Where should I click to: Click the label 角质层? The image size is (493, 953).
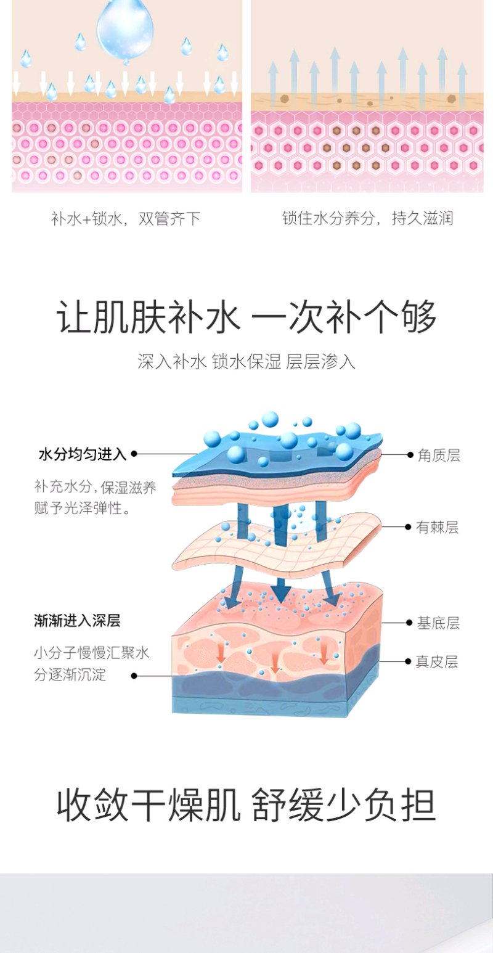tap(439, 456)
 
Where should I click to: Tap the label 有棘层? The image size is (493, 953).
tap(438, 528)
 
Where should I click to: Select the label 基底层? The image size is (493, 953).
tap(438, 623)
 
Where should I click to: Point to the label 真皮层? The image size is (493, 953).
tap(437, 662)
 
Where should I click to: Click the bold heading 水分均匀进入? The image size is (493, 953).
tap(83, 454)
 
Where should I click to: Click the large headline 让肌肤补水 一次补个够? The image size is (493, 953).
tap(246, 317)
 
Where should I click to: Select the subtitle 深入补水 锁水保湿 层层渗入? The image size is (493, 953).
tap(246, 362)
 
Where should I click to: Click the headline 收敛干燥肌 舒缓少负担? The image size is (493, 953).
tap(246, 805)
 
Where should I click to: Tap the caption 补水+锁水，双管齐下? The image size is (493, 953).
tap(126, 219)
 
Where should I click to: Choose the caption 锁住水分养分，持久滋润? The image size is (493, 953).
tap(368, 218)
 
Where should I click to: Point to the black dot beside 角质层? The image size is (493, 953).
tap(410, 455)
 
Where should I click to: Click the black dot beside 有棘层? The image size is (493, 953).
tap(408, 527)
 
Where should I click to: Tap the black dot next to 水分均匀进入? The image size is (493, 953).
tap(134, 454)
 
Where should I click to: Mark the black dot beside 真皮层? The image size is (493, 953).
tap(408, 661)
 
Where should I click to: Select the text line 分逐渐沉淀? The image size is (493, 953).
tap(70, 675)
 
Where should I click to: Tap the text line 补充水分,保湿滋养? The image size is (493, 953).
tap(95, 488)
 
